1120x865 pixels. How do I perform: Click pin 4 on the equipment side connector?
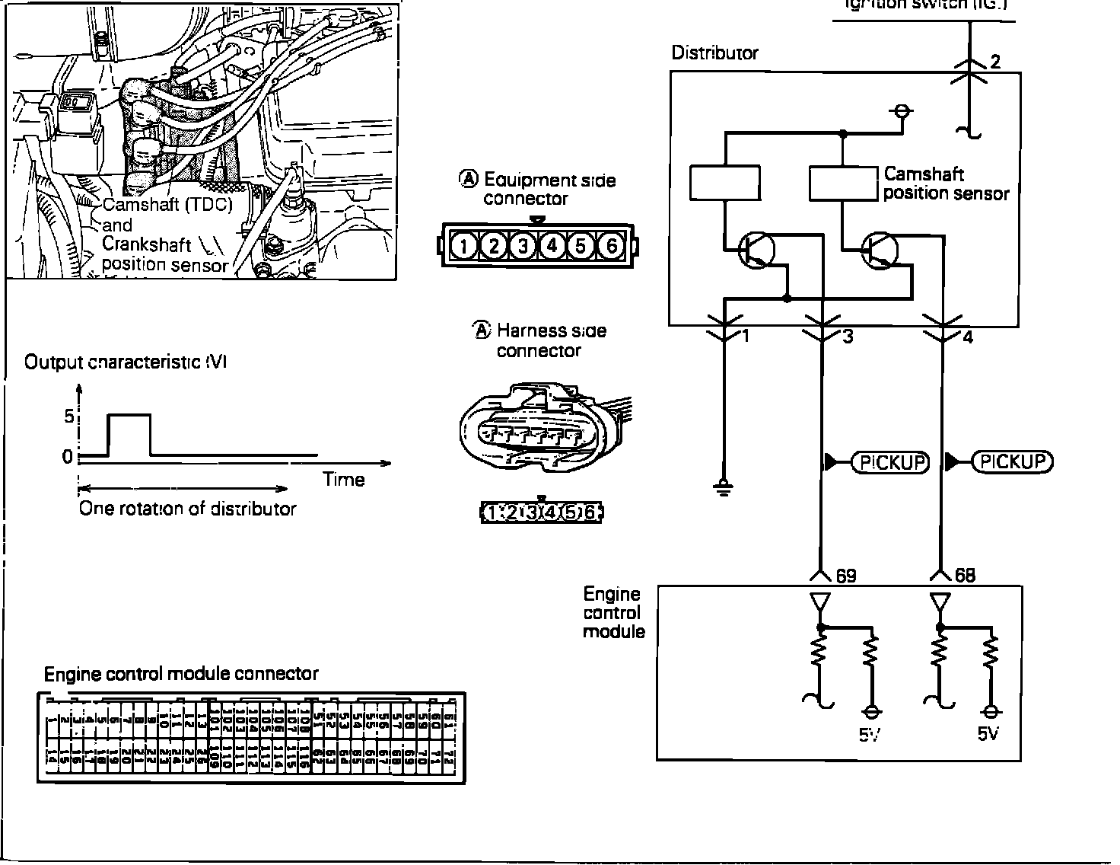pyautogui.click(x=552, y=246)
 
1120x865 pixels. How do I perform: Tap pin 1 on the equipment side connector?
pyautogui.click(x=463, y=246)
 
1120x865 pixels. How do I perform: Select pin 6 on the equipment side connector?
pyautogui.click(x=610, y=246)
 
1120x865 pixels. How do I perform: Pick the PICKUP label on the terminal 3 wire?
pyautogui.click(x=890, y=462)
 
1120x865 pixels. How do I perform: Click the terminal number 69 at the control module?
pyautogui.click(x=846, y=576)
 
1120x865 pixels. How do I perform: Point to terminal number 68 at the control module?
pyautogui.click(x=965, y=576)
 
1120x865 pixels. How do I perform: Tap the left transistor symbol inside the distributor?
pyautogui.click(x=756, y=251)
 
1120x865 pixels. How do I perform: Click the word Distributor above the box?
pyautogui.click(x=714, y=53)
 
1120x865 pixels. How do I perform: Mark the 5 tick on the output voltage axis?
pyautogui.click(x=68, y=417)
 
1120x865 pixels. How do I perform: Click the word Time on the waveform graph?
pyautogui.click(x=344, y=480)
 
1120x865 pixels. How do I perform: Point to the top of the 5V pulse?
pyautogui.click(x=129, y=415)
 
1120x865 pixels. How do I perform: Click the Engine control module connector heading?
pyautogui.click(x=181, y=674)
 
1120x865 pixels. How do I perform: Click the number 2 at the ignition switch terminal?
pyautogui.click(x=995, y=62)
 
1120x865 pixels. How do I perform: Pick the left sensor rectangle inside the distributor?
pyautogui.click(x=724, y=184)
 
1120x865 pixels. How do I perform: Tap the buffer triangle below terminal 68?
pyautogui.click(x=940, y=602)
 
